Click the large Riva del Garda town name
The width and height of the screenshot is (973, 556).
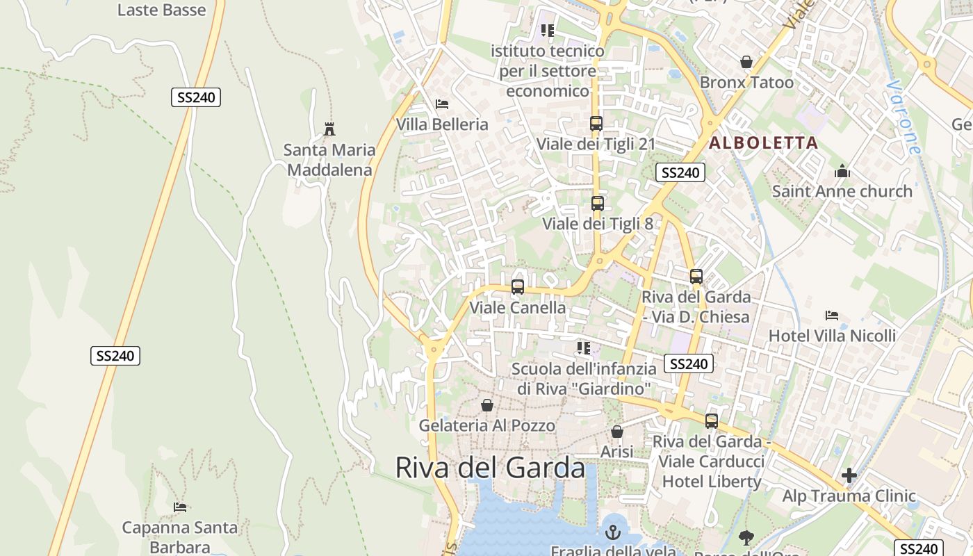(x=490, y=468)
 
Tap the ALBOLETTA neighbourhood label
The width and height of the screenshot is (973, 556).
(x=763, y=143)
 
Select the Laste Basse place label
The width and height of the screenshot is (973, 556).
(x=161, y=10)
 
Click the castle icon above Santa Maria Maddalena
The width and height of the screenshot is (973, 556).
(x=329, y=129)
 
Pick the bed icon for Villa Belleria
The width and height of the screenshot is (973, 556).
(x=442, y=104)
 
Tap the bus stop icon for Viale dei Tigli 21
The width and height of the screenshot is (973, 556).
(x=596, y=124)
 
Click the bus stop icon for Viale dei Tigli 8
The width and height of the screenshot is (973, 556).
(x=597, y=204)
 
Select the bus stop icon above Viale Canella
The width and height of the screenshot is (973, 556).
(x=517, y=287)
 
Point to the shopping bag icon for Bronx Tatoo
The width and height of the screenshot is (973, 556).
(x=746, y=62)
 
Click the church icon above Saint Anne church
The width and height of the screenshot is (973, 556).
(x=842, y=171)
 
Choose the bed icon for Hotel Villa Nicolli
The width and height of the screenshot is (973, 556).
(x=832, y=316)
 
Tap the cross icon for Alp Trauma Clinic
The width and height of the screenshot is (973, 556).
(x=849, y=476)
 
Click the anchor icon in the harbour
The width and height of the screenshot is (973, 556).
(x=612, y=532)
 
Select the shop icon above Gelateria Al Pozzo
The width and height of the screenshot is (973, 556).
(x=487, y=405)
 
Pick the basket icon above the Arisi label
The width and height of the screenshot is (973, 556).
(x=616, y=432)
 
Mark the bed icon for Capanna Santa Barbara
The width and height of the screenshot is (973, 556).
(x=180, y=507)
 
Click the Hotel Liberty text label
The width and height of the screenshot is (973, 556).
(x=712, y=482)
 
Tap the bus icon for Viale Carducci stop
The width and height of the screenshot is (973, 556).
(x=711, y=420)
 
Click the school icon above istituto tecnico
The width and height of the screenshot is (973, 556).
(x=548, y=31)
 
